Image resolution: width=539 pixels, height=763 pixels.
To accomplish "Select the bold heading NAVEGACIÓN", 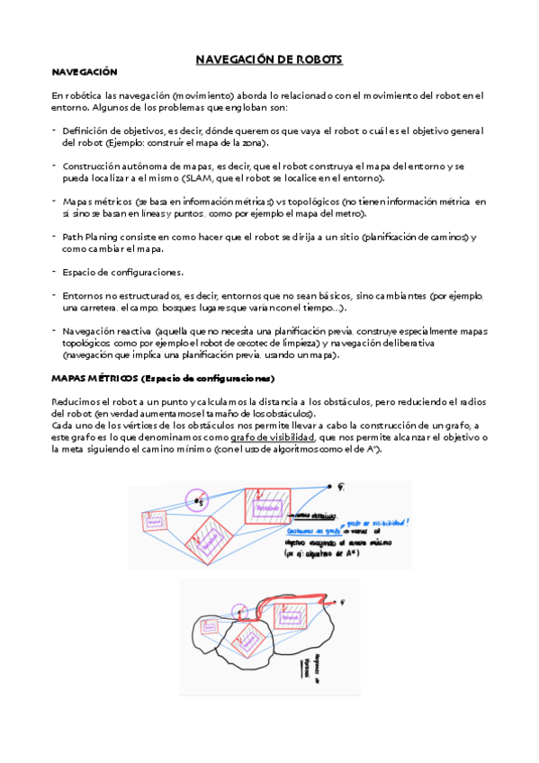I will (x=84, y=72).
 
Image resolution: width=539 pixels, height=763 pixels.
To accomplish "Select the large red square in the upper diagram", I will (x=266, y=510).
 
